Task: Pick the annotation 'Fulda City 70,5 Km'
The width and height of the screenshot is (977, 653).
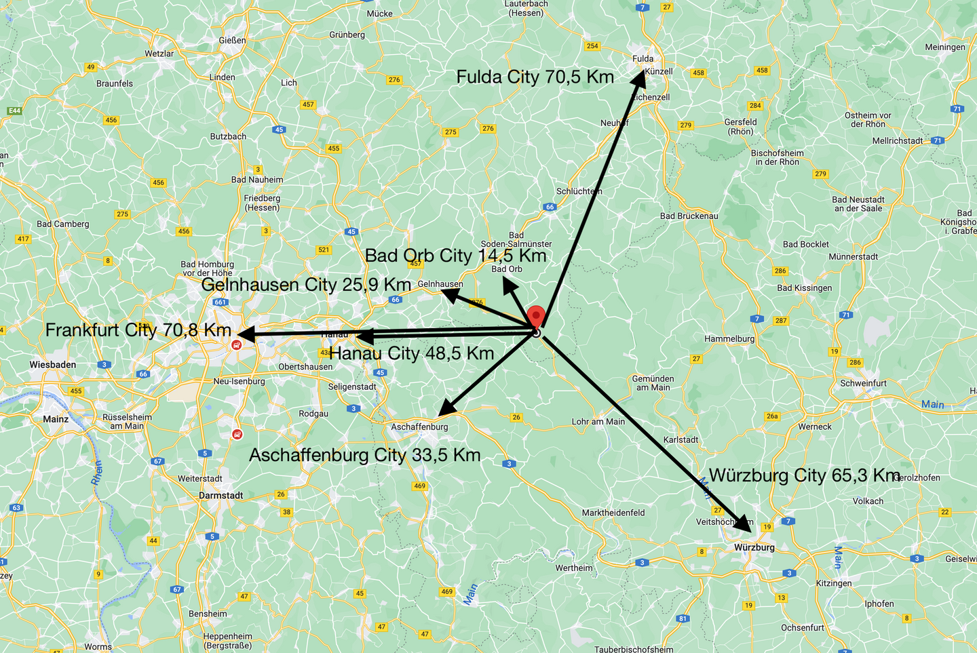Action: click(535, 77)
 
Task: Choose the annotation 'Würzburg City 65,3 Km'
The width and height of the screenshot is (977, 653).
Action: click(805, 475)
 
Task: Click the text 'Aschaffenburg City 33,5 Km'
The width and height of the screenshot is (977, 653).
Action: click(364, 455)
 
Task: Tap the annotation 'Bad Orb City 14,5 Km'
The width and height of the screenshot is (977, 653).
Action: click(455, 256)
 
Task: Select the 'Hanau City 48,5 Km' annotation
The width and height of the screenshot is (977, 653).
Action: click(411, 353)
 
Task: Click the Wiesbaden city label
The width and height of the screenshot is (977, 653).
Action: click(53, 365)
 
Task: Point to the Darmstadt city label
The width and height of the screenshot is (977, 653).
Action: click(221, 496)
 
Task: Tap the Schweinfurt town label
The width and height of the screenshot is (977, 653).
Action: click(863, 383)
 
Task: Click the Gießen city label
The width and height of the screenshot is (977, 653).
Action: click(232, 41)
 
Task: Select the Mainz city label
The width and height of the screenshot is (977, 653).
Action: click(56, 419)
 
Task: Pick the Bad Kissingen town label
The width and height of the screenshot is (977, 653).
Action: click(804, 288)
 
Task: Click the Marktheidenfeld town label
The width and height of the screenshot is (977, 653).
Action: click(613, 513)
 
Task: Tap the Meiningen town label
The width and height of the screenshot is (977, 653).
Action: click(944, 47)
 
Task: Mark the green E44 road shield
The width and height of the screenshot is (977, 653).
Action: click(14, 111)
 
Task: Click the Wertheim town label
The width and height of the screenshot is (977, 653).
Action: click(573, 568)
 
